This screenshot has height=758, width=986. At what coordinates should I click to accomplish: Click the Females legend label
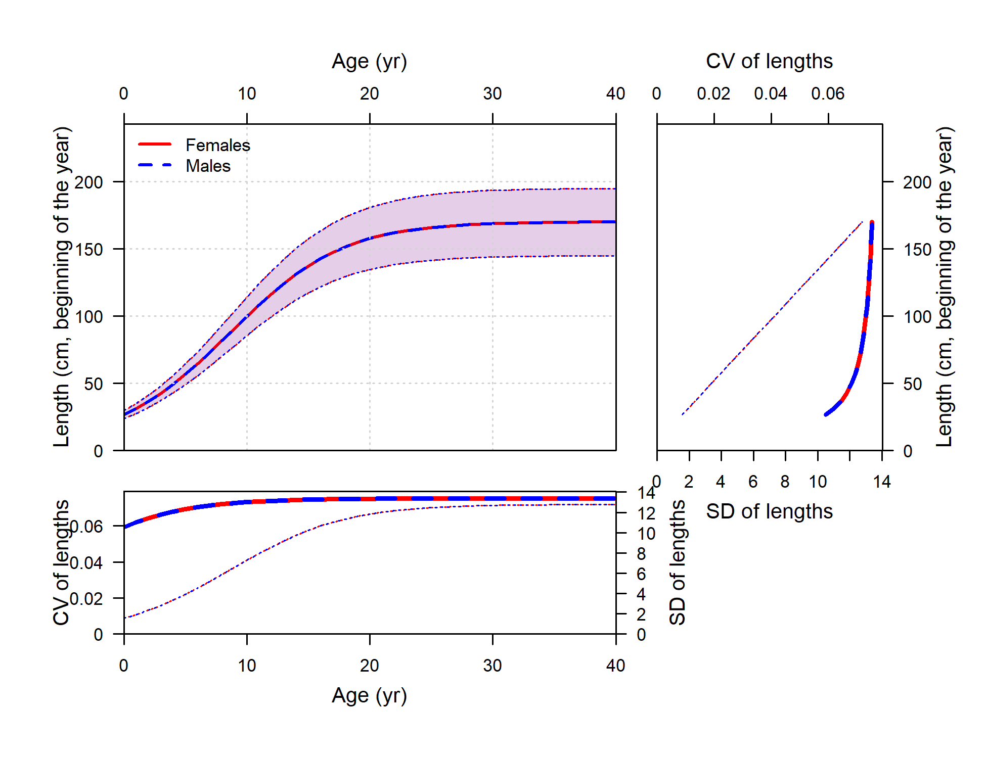click(x=218, y=145)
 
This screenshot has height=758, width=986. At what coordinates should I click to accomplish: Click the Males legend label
click(x=208, y=166)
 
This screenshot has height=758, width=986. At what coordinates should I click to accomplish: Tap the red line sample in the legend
click(x=155, y=145)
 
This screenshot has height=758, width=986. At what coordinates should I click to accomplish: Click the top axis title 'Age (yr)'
click(x=369, y=61)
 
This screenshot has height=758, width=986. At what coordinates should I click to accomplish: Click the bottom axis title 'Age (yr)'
click(x=369, y=695)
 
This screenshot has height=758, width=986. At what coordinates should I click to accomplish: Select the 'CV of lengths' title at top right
click(x=769, y=61)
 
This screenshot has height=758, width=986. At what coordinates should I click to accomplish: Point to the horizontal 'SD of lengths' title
click(x=769, y=511)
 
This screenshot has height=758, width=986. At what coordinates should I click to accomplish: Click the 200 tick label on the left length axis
click(x=88, y=182)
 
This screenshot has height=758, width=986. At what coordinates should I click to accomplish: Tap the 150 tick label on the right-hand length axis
click(x=917, y=249)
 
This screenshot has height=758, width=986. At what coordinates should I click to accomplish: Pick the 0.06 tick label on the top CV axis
click(x=828, y=93)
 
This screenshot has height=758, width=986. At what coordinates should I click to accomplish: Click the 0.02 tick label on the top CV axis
click(x=713, y=93)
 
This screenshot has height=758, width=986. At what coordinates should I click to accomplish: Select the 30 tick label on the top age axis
click(x=492, y=93)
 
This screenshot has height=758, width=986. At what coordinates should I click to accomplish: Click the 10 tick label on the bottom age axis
click(x=247, y=666)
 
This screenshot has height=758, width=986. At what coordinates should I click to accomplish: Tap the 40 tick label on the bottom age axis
click(x=615, y=666)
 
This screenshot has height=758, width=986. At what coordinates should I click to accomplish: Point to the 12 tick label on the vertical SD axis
click(x=646, y=513)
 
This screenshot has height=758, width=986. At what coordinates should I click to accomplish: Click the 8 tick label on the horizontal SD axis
click(x=785, y=482)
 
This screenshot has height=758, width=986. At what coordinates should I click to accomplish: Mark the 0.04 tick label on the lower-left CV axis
click(x=86, y=562)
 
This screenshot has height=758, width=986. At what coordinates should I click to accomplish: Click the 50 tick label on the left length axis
click(x=94, y=384)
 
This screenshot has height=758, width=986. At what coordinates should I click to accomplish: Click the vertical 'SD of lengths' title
click(x=677, y=562)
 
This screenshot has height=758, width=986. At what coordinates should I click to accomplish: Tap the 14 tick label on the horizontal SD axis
click(x=881, y=482)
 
